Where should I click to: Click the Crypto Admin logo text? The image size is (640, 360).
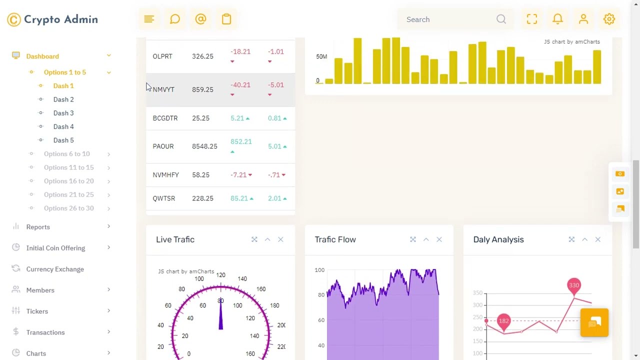(60, 19)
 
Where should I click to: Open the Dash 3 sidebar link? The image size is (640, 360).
(63, 113)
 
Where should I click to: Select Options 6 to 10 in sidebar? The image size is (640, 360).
(67, 154)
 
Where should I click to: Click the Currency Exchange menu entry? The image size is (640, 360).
(55, 269)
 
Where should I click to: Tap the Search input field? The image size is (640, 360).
(447, 19)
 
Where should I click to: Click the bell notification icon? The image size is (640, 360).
(557, 19)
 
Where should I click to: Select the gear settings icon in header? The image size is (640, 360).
(609, 19)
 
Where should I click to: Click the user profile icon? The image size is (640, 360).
(583, 19)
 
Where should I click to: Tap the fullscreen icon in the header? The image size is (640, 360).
(532, 19)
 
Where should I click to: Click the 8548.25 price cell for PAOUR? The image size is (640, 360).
(204, 146)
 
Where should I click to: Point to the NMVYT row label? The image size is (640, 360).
(163, 89)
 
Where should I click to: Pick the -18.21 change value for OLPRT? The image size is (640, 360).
(240, 51)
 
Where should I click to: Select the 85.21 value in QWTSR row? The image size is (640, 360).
(239, 198)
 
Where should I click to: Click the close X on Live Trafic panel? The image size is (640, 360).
(280, 239)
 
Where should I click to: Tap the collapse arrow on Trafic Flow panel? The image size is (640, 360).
(426, 239)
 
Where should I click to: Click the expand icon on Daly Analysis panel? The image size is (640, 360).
(571, 239)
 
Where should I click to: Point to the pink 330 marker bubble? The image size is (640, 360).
(574, 285)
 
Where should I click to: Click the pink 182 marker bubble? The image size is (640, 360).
(503, 321)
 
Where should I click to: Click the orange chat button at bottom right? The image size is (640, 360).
(594, 322)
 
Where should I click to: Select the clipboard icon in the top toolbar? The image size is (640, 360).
(226, 19)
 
